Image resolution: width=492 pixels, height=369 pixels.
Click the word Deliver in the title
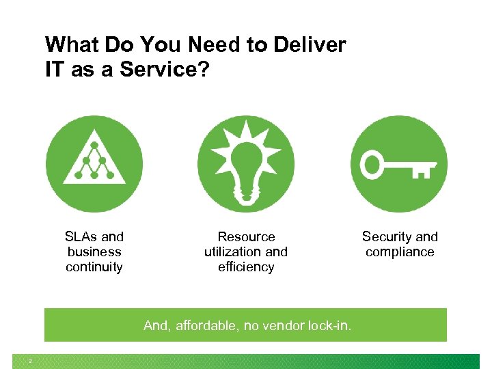pos(310,46)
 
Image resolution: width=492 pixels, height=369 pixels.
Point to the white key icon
pos(399,165)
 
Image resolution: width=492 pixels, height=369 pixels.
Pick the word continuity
pos(94,267)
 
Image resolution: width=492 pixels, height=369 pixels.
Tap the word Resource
pos(246,237)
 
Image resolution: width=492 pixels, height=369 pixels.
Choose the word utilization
pos(233,252)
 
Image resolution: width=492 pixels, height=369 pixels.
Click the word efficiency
pos(246,267)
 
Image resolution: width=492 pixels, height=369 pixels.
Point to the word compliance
pos(400,252)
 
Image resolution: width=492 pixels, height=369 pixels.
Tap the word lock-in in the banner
pos(329,326)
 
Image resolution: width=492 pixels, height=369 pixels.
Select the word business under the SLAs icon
pos(94,252)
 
